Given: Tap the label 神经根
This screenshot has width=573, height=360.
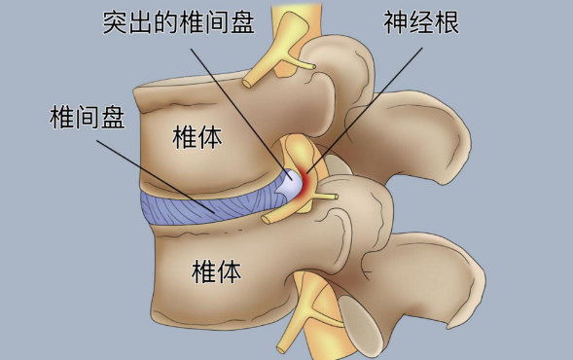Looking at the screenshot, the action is tap(422, 22).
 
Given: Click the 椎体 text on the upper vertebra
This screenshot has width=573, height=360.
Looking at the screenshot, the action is tap(197, 137).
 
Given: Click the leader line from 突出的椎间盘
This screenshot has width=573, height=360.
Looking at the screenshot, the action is tap(233, 97).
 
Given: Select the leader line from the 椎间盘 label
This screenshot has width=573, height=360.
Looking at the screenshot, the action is tap(156, 175).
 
